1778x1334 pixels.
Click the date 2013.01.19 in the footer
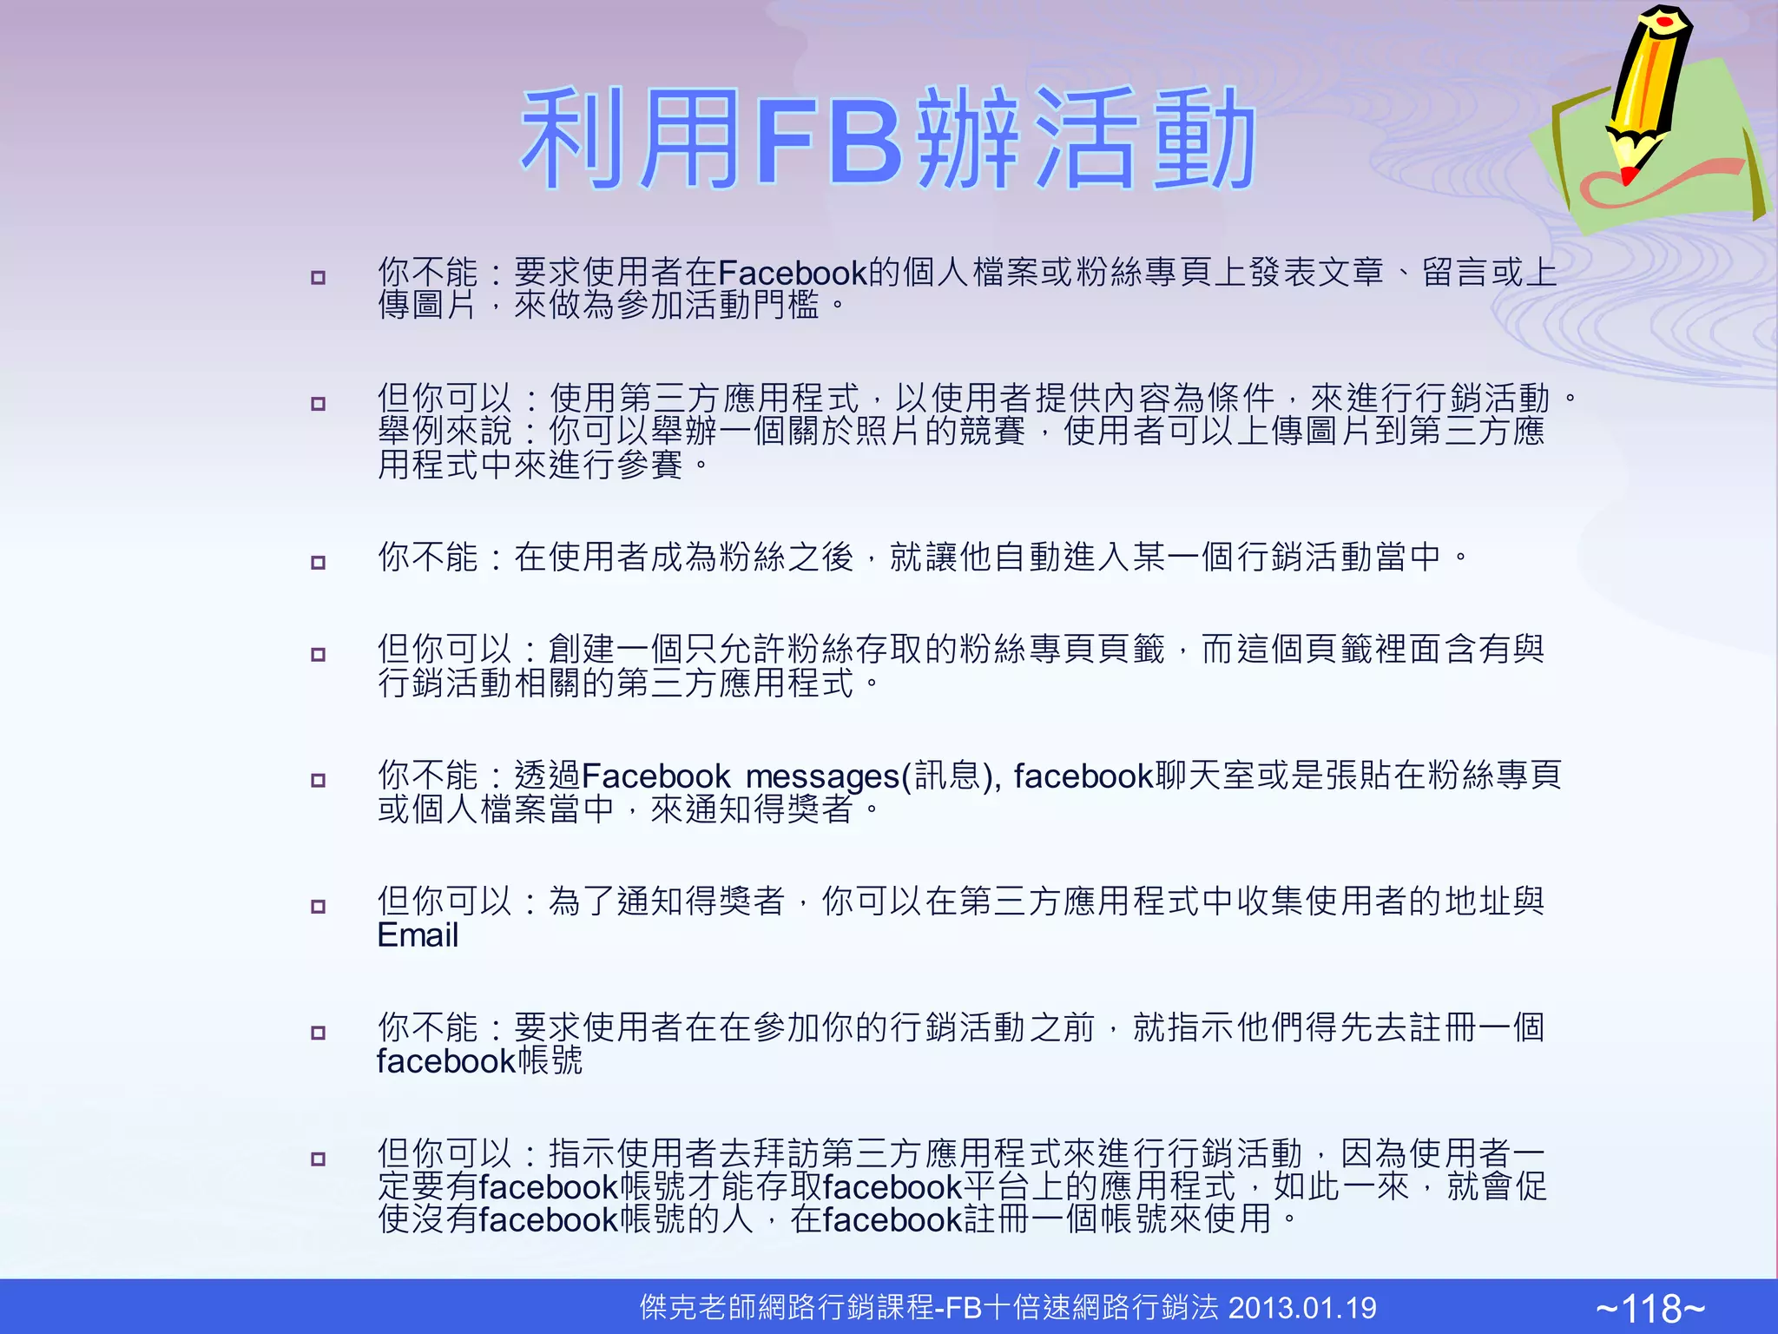(x=1302, y=1308)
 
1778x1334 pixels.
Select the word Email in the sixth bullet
(x=418, y=935)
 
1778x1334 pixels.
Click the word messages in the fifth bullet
(x=823, y=776)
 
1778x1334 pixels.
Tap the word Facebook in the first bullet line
(x=792, y=274)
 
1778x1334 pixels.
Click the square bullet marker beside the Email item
(x=319, y=907)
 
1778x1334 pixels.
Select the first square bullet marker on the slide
(x=319, y=278)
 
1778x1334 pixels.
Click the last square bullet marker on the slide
(x=319, y=1159)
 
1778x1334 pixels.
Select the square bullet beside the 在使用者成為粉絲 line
(x=319, y=563)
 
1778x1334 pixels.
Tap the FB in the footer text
(x=963, y=1308)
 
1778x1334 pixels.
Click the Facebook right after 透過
(x=656, y=776)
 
